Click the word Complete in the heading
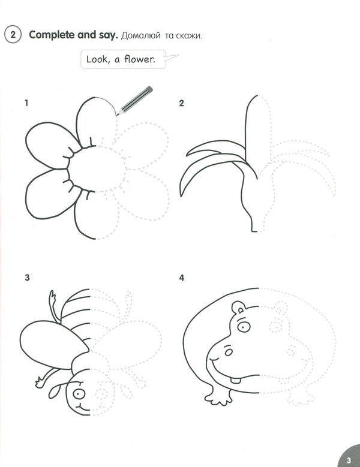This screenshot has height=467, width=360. (50, 34)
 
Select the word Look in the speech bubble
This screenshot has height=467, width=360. (97, 59)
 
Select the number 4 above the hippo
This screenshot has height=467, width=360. (181, 278)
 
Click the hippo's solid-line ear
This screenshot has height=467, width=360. (238, 309)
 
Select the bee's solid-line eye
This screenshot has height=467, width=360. (79, 394)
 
